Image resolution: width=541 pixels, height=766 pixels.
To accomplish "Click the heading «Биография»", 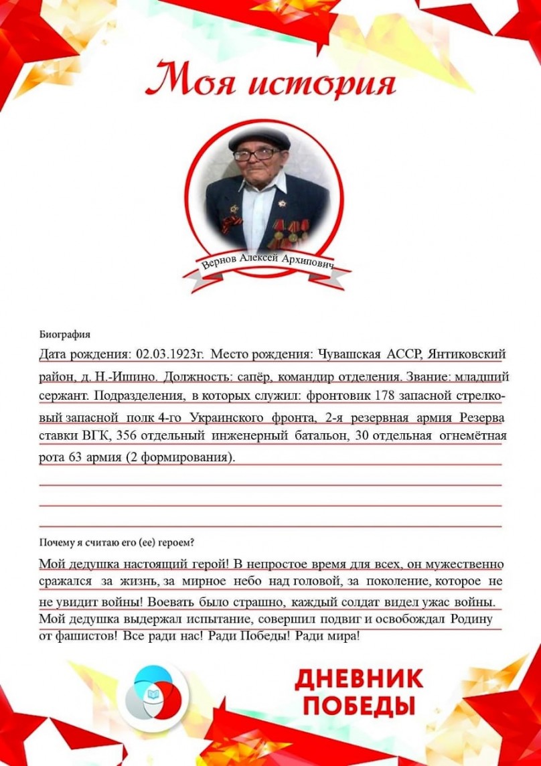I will [64, 335].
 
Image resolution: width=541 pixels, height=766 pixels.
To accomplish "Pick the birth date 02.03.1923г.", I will [170, 354].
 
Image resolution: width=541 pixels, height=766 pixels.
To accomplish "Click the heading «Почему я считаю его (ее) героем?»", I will [121, 542].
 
